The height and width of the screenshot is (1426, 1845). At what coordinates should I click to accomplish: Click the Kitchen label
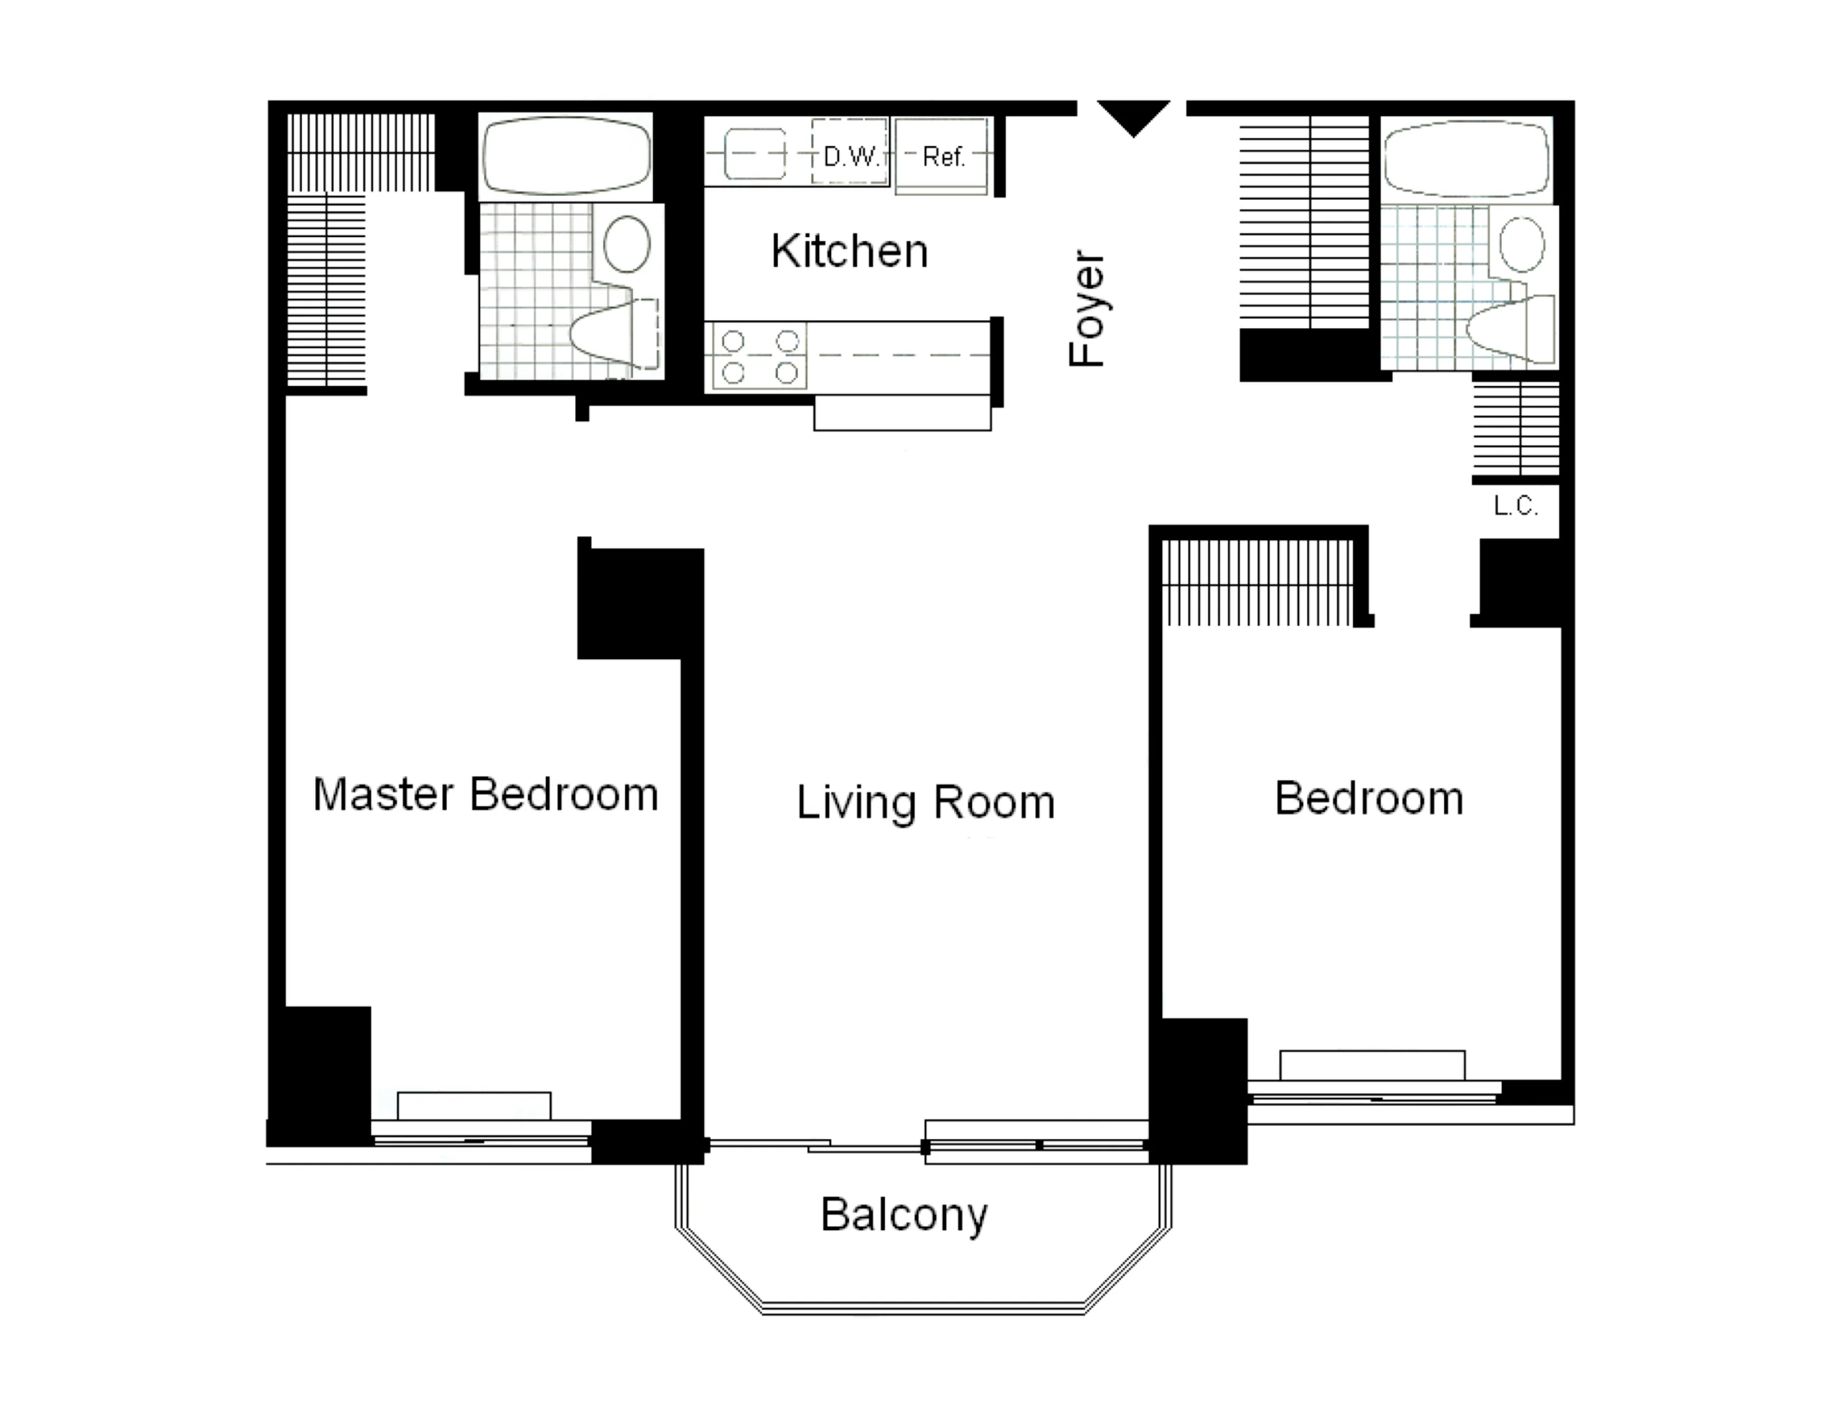click(x=849, y=251)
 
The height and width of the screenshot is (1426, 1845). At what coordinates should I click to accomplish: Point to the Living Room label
click(x=926, y=802)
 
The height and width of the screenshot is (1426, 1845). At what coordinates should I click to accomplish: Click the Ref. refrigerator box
click(x=942, y=156)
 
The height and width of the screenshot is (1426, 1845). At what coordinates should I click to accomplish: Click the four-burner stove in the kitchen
click(x=759, y=357)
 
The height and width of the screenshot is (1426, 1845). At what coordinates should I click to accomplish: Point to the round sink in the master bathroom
click(x=627, y=243)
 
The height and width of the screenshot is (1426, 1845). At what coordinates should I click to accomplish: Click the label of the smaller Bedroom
click(x=1369, y=799)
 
